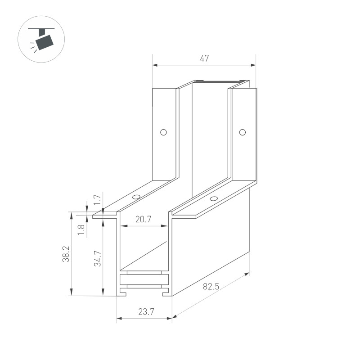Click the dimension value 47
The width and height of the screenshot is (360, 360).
(204, 58)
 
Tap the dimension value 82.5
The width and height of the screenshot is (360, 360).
(211, 286)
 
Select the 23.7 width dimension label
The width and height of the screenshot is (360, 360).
(144, 311)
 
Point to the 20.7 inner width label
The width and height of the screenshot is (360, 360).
(143, 219)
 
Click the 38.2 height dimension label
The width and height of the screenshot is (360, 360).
(66, 254)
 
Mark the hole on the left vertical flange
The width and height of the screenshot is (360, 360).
(163, 132)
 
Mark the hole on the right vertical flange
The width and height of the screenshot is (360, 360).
(242, 132)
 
